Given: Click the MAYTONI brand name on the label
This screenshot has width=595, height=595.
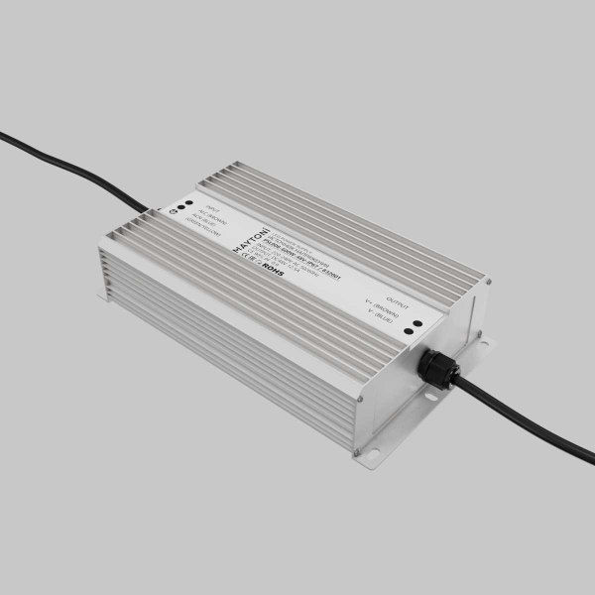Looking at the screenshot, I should (x=241, y=237).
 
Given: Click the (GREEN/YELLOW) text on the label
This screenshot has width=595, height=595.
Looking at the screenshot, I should (x=199, y=223).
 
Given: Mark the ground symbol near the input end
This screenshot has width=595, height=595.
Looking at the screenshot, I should (x=174, y=214).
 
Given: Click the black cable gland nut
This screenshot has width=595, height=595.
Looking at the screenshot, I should (x=434, y=366).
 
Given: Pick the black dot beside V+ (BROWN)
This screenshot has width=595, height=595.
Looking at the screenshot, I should (x=418, y=322).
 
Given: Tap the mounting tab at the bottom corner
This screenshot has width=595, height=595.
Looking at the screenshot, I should (x=366, y=457).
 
